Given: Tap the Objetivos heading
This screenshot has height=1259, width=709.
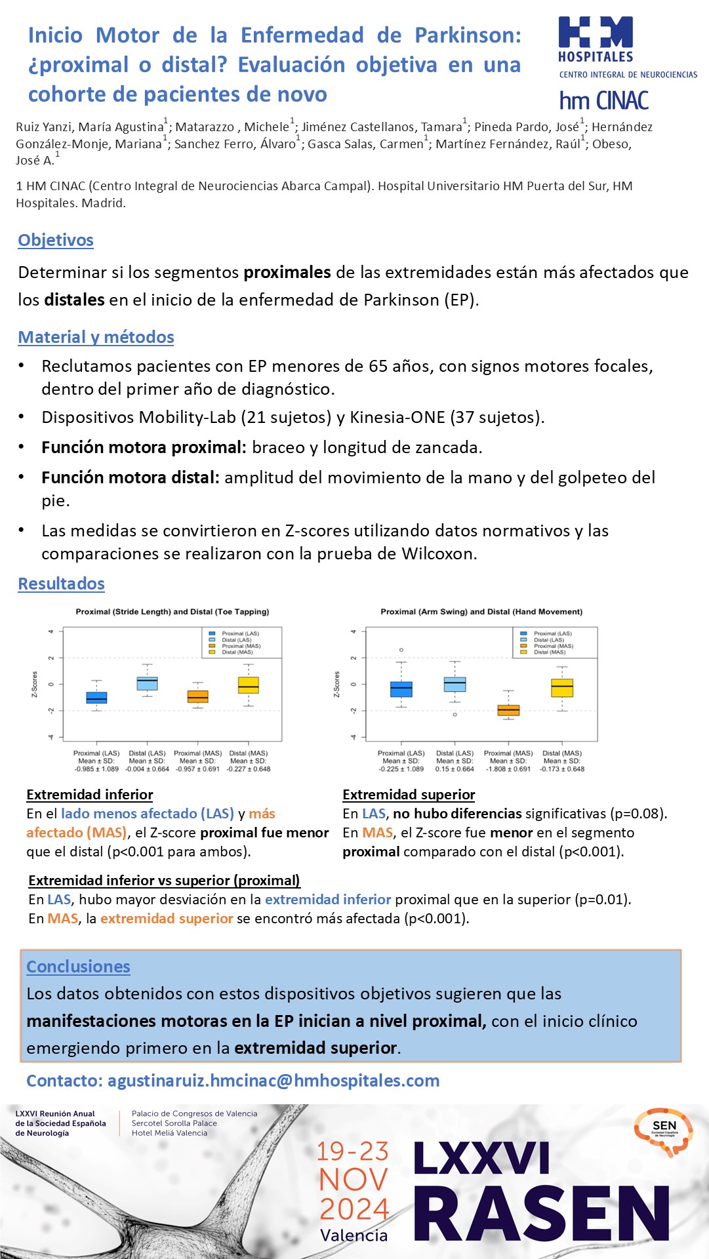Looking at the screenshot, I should [56, 240].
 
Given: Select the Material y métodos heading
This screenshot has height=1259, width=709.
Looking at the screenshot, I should [96, 337].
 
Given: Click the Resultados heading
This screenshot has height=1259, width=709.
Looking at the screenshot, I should [61, 584].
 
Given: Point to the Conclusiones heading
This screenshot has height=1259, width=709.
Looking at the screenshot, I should [78, 967].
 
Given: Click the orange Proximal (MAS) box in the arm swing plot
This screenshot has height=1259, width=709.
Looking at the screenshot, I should [508, 710].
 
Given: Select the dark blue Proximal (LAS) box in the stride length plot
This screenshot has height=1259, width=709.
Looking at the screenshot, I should [96, 698].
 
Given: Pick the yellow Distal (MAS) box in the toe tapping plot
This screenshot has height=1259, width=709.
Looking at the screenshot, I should [249, 685].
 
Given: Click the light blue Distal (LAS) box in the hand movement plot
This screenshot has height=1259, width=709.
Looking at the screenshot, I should [455, 685].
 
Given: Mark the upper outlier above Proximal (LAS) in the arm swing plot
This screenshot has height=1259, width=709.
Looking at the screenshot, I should [401, 650].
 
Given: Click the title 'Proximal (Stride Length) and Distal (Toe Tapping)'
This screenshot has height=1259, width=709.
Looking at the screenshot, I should [172, 612].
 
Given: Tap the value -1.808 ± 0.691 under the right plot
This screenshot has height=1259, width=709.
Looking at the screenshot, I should [508, 769].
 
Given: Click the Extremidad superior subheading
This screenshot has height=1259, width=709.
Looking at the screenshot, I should [409, 795].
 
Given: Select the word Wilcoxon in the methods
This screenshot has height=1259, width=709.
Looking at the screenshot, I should [438, 554].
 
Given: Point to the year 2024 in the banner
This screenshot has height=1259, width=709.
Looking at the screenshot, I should [354, 1209].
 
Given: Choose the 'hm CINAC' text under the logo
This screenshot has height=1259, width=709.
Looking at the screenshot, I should [603, 101].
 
